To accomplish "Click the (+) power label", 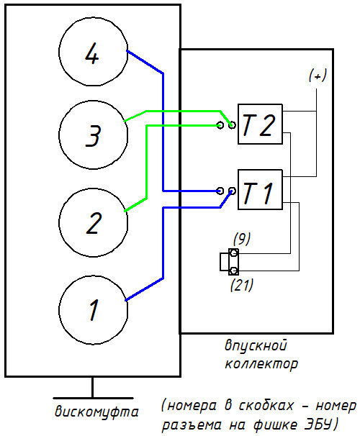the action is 318,76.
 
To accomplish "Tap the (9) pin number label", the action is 242,239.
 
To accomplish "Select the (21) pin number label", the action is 242,285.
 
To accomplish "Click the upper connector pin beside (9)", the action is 234,253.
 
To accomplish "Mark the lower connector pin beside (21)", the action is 234,271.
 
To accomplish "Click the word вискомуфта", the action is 96,412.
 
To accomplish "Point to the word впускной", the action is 256,346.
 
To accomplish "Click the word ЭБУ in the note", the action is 318,424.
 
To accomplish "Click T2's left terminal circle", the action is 220,125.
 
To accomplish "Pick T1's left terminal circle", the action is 220,191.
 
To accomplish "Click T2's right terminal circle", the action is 232,125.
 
